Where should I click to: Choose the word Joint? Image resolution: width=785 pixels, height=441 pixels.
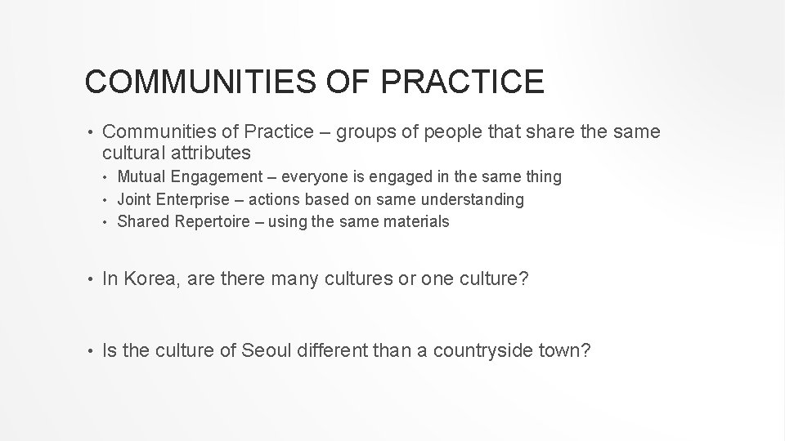(135, 199)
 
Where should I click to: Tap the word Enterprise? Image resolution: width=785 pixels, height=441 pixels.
(193, 199)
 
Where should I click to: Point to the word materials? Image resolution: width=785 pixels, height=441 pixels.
(416, 221)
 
